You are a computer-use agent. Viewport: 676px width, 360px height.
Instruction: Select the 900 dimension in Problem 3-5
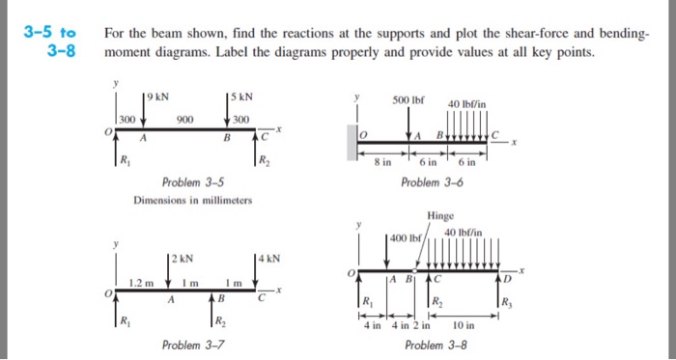(184, 120)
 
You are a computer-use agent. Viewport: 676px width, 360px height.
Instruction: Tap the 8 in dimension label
(383, 162)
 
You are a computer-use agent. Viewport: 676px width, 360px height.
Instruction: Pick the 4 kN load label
(267, 257)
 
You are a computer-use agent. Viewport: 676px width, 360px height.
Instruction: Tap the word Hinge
(439, 216)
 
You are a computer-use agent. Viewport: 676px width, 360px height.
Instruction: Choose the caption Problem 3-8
(437, 345)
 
